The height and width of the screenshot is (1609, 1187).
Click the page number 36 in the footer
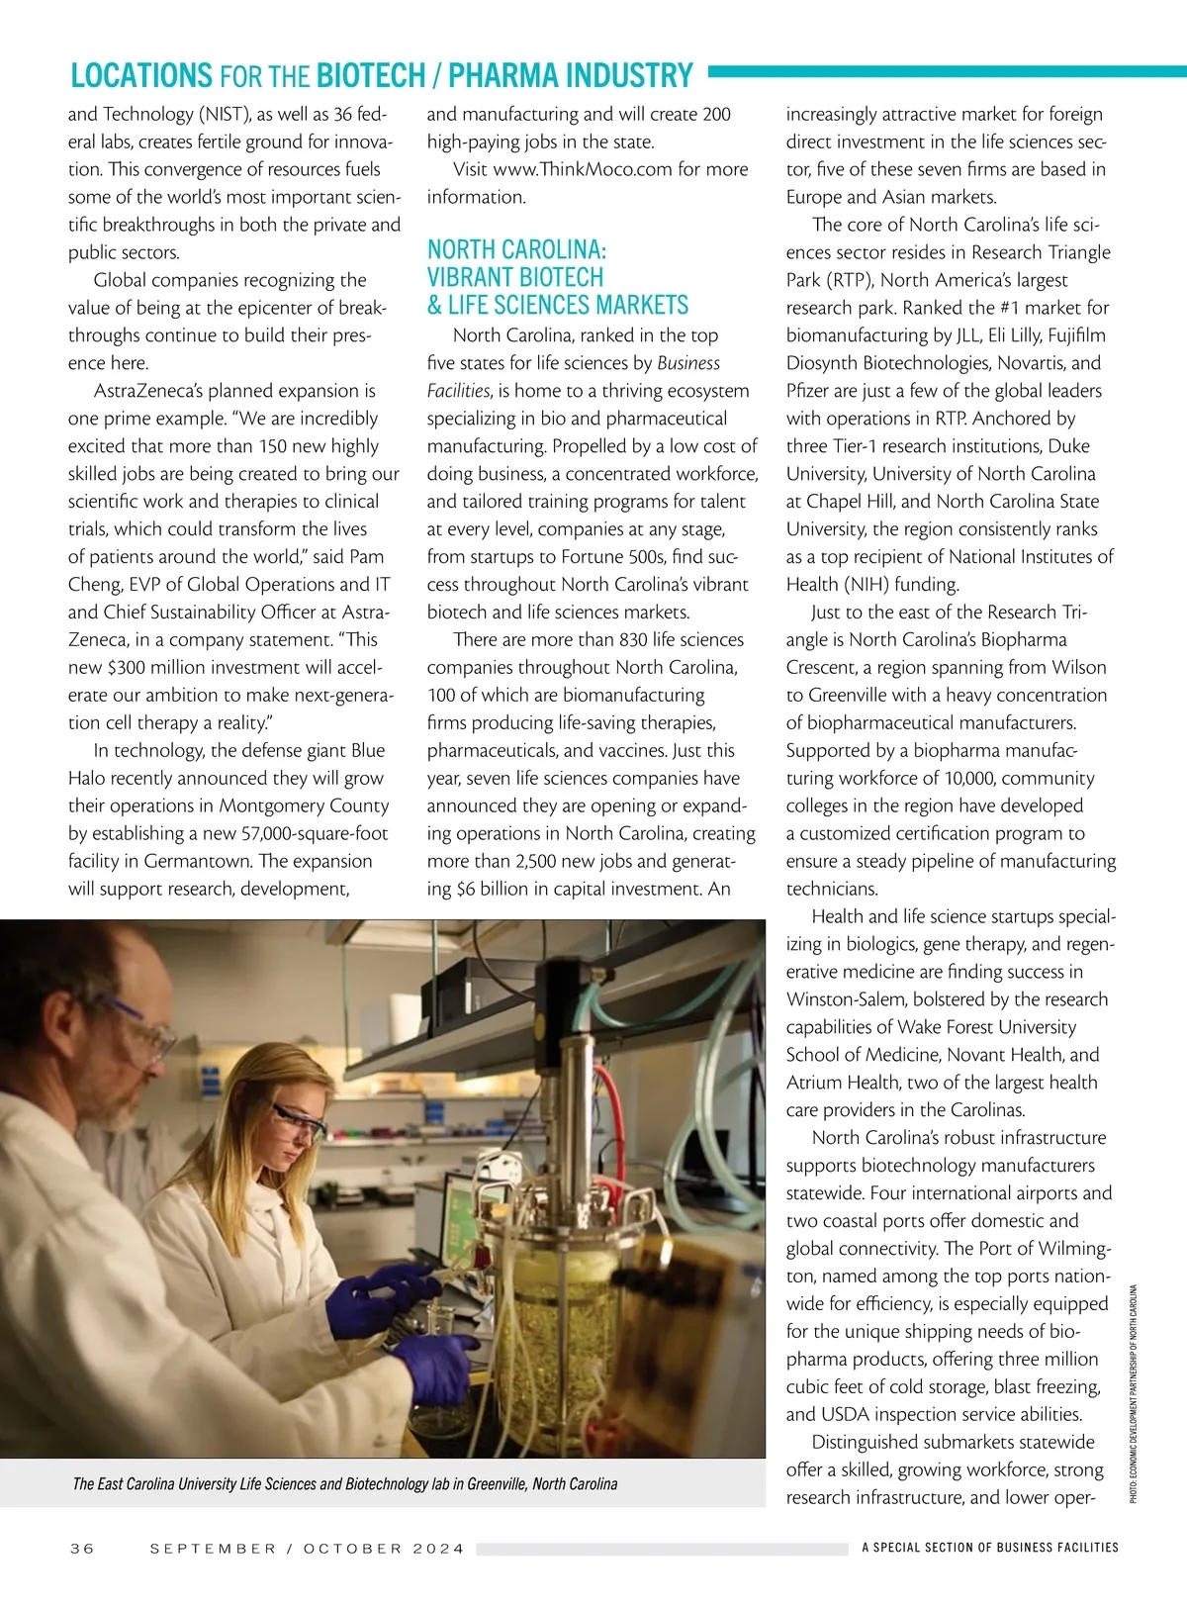tap(82, 1548)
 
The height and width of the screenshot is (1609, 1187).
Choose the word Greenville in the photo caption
tap(502, 1483)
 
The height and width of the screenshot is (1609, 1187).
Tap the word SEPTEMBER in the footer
tap(213, 1548)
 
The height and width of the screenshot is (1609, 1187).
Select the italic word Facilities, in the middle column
tap(458, 391)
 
